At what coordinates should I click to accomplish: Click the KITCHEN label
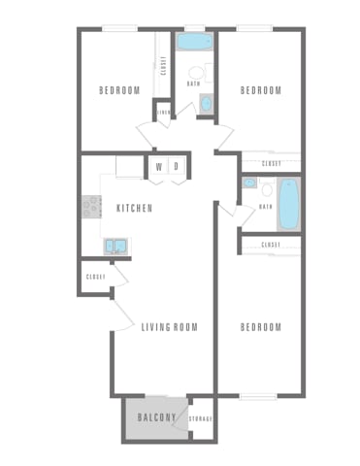134,208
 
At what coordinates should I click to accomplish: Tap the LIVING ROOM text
169,327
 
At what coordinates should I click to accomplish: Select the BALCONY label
155,417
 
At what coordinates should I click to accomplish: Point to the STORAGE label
201,418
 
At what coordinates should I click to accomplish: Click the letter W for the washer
158,166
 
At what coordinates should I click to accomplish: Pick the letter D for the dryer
176,166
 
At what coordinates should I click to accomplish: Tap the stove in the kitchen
90,206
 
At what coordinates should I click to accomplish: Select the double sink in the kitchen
116,247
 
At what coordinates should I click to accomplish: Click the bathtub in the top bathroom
195,43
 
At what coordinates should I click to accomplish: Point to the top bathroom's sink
204,102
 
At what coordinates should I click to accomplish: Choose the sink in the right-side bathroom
249,183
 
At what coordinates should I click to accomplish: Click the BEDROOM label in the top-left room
120,90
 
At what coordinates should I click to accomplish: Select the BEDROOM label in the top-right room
260,90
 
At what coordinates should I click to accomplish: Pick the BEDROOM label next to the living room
260,327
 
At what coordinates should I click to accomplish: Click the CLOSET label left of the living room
95,277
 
